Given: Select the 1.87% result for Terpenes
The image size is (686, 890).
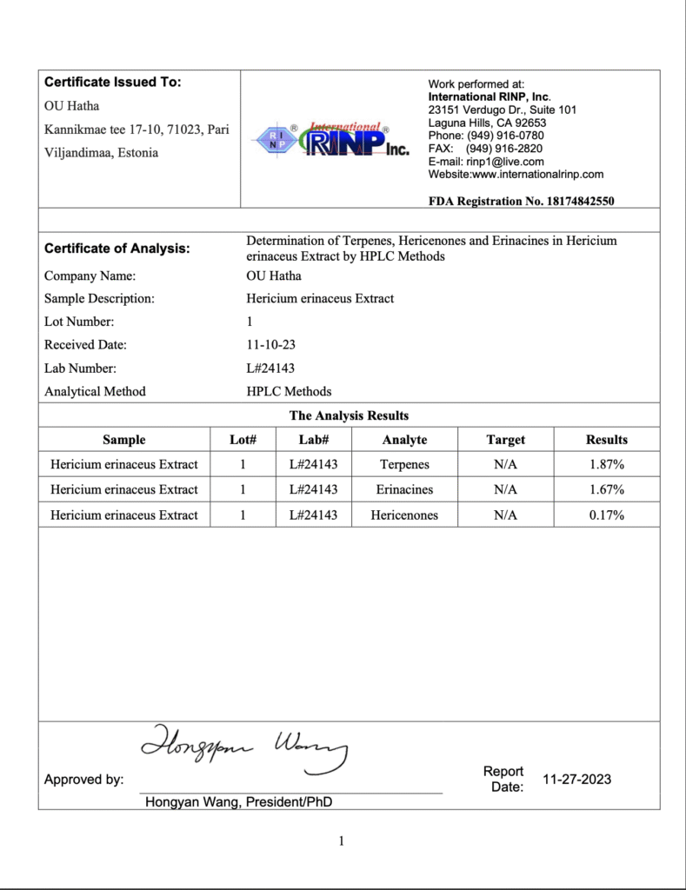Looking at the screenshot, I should coord(606,464).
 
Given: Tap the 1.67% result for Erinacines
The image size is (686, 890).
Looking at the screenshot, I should coord(606,489).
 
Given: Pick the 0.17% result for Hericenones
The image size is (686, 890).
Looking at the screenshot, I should coord(606,515).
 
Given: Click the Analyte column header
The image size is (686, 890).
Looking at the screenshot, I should coord(404,440).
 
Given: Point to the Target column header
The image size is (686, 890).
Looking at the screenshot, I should coord(505,440).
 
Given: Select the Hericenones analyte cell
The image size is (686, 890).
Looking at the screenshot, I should coord(404,515).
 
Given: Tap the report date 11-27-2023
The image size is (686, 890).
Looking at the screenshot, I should coord(576,779).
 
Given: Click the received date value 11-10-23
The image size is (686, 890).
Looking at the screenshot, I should coord(270,344).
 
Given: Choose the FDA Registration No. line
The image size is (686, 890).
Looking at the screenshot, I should coord(522,201).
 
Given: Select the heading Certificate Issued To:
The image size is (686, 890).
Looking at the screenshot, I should coord(112,83).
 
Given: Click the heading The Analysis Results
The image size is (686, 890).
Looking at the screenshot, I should coord(349,415).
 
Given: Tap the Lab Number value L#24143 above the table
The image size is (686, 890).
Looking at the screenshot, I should coord(270,368).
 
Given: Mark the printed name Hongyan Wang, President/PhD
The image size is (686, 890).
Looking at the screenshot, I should coord(238,802).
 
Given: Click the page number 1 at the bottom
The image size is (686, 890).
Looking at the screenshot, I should coord(342,840).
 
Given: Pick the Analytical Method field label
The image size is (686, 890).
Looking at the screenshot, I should coord(95,391).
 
